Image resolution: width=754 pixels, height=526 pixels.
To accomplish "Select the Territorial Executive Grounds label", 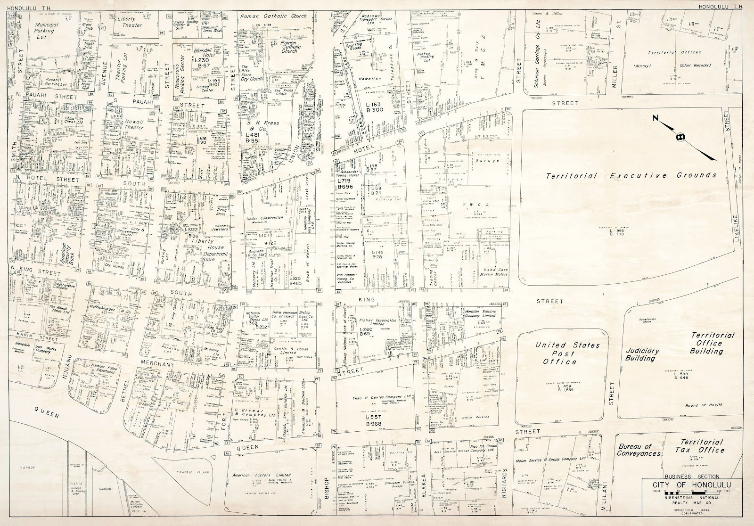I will (x=631, y=176).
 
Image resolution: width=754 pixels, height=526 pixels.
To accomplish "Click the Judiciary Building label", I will (x=640, y=354).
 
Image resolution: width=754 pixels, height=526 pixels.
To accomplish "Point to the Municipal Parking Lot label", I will (x=45, y=30).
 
